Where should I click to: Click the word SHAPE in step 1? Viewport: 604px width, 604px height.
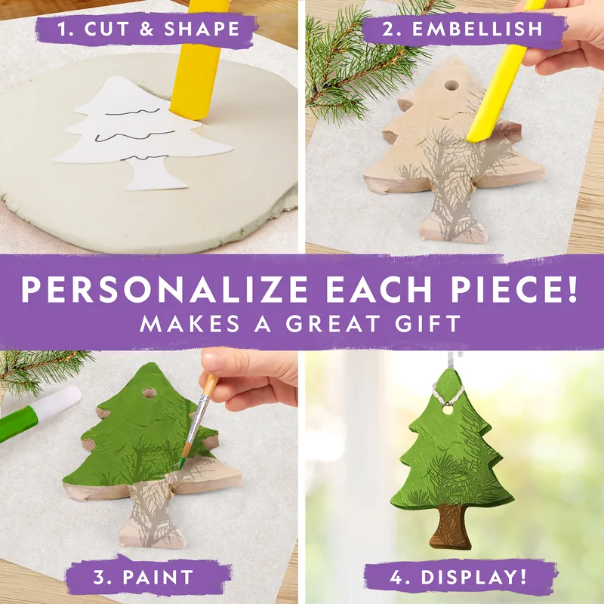pos(202,29)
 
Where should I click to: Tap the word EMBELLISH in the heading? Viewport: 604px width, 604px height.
pos(477,29)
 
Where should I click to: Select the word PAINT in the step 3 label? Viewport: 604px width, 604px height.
pos(158,577)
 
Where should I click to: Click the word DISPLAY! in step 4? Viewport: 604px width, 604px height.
pos(473,577)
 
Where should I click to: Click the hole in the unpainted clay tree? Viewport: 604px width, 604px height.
pos(450,85)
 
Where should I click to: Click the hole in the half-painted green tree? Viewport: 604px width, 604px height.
pos(149,393)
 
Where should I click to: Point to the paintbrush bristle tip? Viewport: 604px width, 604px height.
pos(180,467)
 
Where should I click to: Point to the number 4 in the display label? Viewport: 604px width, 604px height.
pos(396,577)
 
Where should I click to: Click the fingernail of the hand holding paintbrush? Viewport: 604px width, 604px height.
pos(212,361)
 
